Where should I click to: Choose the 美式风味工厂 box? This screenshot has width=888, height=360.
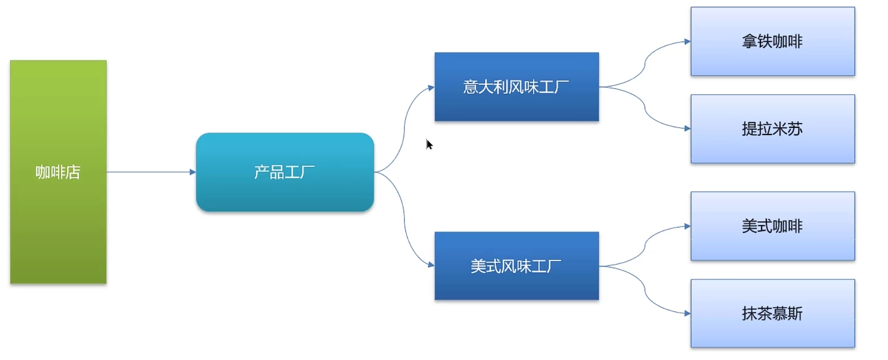click(x=517, y=286)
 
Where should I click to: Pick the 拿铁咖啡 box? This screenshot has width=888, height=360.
click(x=772, y=59)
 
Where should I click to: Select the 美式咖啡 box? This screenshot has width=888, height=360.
click(x=772, y=245)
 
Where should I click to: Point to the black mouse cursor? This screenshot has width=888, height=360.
click(x=429, y=145)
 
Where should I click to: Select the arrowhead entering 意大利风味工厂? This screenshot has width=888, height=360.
click(x=431, y=87)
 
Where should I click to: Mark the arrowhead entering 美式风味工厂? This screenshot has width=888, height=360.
click(x=431, y=264)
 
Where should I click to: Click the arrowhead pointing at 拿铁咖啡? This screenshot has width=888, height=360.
click(x=687, y=42)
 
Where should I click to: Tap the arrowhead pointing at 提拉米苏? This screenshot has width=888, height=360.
click(x=687, y=129)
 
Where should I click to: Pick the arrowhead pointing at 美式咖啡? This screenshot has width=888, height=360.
click(x=687, y=226)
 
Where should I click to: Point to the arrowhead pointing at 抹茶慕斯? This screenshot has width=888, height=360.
click(x=687, y=313)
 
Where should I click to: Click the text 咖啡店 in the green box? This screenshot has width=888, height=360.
click(x=58, y=172)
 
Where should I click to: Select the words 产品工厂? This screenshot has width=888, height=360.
click(x=284, y=172)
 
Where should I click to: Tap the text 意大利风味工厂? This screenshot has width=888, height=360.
click(x=516, y=87)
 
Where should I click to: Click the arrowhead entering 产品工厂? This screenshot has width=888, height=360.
click(x=193, y=172)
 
